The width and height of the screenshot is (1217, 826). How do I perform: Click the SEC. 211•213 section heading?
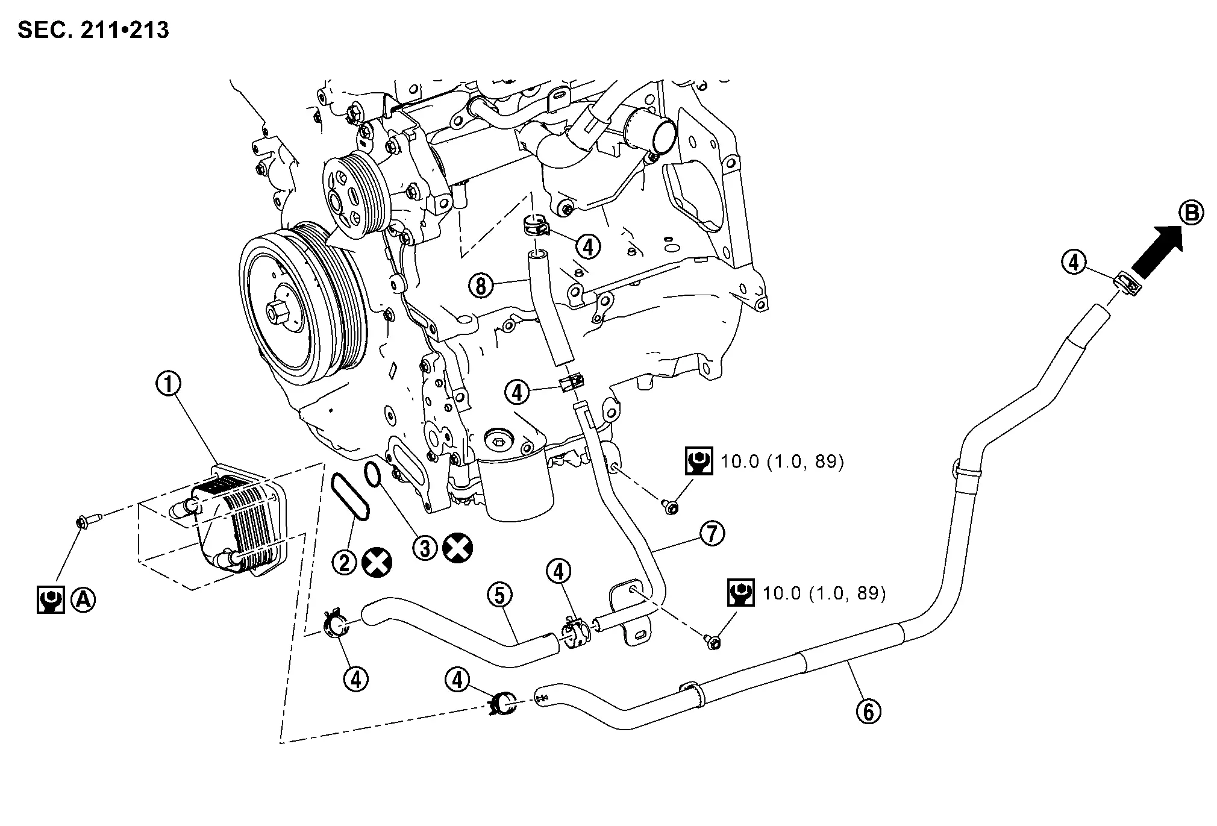93,29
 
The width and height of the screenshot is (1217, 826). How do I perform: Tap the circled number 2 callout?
345,562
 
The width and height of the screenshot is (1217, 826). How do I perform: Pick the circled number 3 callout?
425,548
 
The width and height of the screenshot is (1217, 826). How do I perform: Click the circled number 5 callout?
500,595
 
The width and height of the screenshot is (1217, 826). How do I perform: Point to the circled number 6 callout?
868,712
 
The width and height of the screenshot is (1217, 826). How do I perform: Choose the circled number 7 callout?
712,533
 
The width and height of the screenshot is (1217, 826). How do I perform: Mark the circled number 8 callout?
481,286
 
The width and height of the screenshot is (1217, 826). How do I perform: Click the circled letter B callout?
1191,213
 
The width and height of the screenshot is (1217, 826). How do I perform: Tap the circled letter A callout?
83,599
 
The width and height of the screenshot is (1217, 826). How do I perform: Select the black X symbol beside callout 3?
457,548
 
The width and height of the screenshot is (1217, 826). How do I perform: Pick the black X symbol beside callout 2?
377,562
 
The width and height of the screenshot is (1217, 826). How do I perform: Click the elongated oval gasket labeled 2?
350,495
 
